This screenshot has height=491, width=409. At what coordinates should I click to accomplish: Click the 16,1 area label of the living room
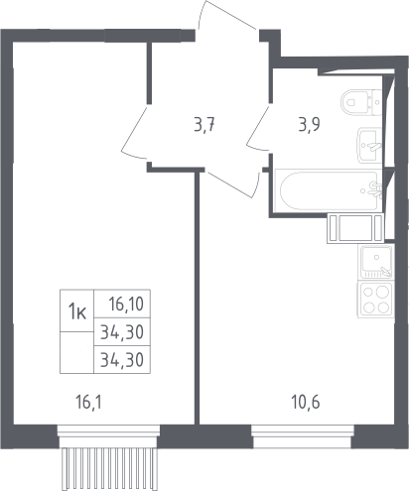88,403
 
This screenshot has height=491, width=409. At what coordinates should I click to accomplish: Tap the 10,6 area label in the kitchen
306,403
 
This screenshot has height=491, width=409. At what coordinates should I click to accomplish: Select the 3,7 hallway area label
204,126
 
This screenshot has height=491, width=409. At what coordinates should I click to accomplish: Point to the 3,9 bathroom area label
309,125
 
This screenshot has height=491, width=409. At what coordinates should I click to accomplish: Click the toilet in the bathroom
361,102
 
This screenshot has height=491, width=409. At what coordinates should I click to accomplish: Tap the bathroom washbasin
369,146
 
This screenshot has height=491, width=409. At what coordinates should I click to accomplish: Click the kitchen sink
376,262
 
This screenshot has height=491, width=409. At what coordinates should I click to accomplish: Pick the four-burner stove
376,301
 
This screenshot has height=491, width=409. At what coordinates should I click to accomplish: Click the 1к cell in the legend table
77,310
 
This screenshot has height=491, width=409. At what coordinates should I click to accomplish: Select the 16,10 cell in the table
122,304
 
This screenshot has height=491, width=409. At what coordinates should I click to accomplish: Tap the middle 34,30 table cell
122,332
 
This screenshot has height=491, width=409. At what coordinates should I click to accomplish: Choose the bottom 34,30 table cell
122,360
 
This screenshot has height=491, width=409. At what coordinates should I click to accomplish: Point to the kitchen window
303,436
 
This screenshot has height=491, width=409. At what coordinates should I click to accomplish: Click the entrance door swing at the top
227,16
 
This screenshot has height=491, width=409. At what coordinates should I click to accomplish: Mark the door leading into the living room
134,132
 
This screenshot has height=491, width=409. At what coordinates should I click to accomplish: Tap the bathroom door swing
258,128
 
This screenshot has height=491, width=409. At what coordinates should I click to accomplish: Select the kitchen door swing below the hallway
231,184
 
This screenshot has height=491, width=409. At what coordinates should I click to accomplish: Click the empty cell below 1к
77,352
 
